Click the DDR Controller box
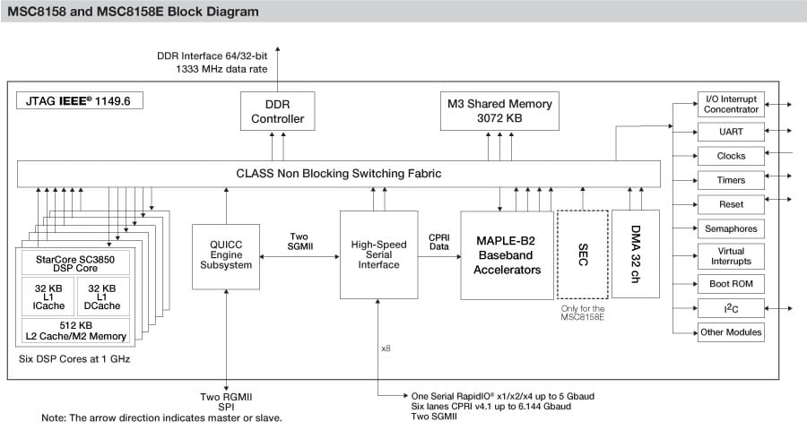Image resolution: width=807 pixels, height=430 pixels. click(277, 111)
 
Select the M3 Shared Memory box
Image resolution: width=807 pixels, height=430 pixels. click(499, 111)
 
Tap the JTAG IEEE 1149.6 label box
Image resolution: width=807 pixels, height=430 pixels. click(79, 102)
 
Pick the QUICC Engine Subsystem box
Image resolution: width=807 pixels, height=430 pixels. click(226, 257)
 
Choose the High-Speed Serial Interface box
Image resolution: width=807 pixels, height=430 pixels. click(378, 254)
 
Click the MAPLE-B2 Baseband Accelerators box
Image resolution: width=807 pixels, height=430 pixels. click(507, 256)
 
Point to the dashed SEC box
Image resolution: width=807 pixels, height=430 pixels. click(582, 254)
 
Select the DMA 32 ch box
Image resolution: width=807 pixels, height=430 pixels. click(635, 254)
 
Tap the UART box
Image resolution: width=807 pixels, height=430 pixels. click(731, 132)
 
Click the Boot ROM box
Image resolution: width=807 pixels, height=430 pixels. click(731, 284)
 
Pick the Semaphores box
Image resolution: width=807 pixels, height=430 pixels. click(731, 228)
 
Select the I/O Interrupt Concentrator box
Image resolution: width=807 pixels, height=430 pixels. click(731, 104)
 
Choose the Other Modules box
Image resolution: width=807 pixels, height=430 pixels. click(731, 332)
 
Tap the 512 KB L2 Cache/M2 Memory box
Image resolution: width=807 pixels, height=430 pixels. click(75, 331)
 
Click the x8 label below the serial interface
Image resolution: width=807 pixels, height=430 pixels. click(386, 348)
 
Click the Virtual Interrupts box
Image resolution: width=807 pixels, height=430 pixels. click(731, 257)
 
